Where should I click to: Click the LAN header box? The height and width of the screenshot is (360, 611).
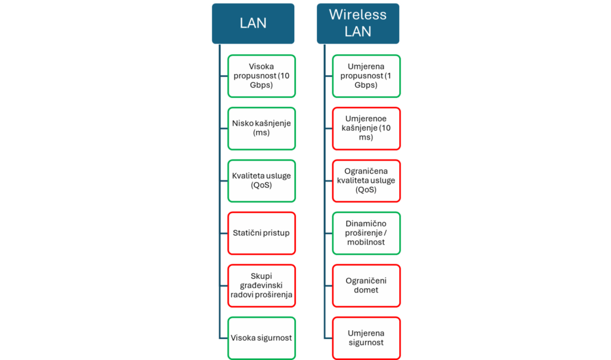253,23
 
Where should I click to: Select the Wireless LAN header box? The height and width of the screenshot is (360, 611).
358,23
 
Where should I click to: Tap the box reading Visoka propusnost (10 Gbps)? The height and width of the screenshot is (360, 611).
261,76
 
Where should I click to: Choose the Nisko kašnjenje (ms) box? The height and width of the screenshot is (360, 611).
261,128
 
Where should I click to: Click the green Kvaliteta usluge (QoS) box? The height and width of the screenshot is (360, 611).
261,180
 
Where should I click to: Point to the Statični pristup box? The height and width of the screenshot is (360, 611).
261,233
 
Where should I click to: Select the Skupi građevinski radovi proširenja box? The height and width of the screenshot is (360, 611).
261,285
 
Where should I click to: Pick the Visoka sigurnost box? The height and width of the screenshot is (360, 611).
261,338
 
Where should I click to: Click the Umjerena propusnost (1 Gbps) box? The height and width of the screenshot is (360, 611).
366,76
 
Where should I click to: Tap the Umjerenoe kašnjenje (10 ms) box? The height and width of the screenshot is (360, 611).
366,128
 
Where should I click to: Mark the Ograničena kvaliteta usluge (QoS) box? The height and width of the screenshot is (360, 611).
366,180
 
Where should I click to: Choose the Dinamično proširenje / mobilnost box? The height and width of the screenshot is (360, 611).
366,233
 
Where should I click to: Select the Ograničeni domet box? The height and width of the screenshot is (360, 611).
366,285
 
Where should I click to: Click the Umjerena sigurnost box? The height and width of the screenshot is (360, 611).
366,338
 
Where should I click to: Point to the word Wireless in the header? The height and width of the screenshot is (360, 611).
358,15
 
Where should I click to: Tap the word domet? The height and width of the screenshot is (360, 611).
366,290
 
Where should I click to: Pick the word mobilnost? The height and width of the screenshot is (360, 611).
366,242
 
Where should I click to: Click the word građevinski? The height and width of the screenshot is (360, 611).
261,285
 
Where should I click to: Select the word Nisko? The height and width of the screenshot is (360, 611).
243,124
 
